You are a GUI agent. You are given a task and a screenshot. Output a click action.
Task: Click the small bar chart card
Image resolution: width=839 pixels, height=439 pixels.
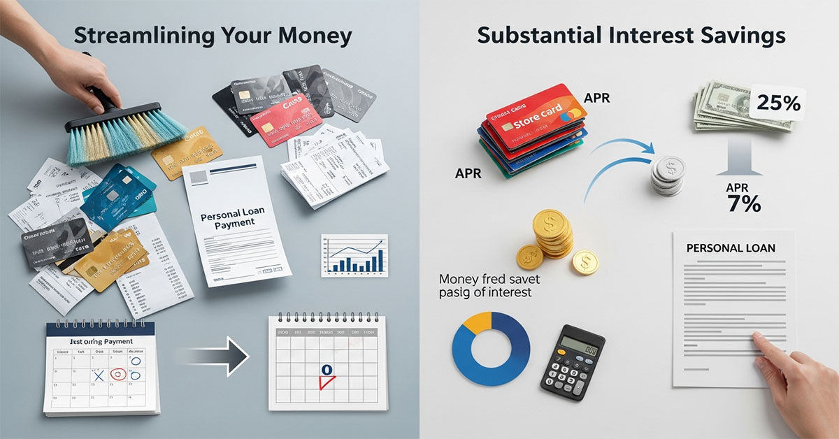point(355,256)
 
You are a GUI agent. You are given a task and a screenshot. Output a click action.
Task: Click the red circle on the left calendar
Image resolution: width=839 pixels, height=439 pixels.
point(120,375)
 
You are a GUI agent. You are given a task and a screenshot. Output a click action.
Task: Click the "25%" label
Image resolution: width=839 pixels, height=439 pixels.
point(777,103)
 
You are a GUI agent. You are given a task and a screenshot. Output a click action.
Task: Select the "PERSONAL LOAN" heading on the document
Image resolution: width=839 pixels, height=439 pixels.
point(731,248)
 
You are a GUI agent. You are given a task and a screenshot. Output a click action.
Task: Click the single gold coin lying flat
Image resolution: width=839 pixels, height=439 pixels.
point(585,263)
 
